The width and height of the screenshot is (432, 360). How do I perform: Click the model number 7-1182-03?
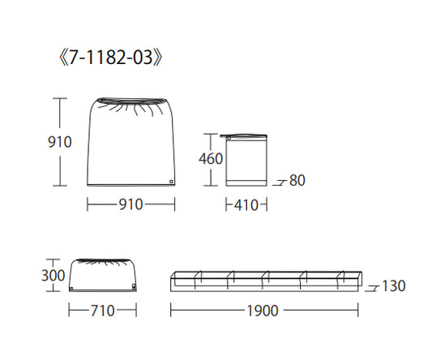point(110,58)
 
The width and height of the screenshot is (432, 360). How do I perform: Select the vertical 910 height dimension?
point(60,142)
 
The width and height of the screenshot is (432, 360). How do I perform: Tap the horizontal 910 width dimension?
point(130,204)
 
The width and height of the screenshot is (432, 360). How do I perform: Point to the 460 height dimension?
point(211,159)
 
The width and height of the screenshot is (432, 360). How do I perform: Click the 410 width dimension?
point(246,205)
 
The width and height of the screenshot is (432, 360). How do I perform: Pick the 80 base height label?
point(297,181)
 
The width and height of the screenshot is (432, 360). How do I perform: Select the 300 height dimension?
point(53,275)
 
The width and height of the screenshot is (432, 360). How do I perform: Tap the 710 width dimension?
point(102,311)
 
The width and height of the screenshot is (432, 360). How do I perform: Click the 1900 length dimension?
point(263,311)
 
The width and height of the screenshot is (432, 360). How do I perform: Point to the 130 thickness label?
point(394,286)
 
